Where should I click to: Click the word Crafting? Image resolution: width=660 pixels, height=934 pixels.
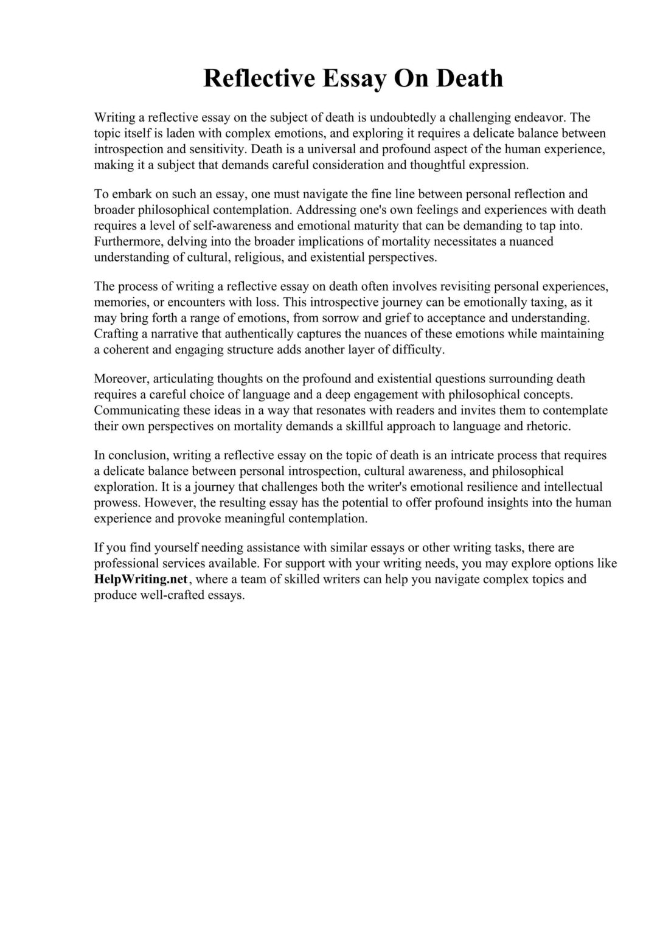[x=115, y=334]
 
